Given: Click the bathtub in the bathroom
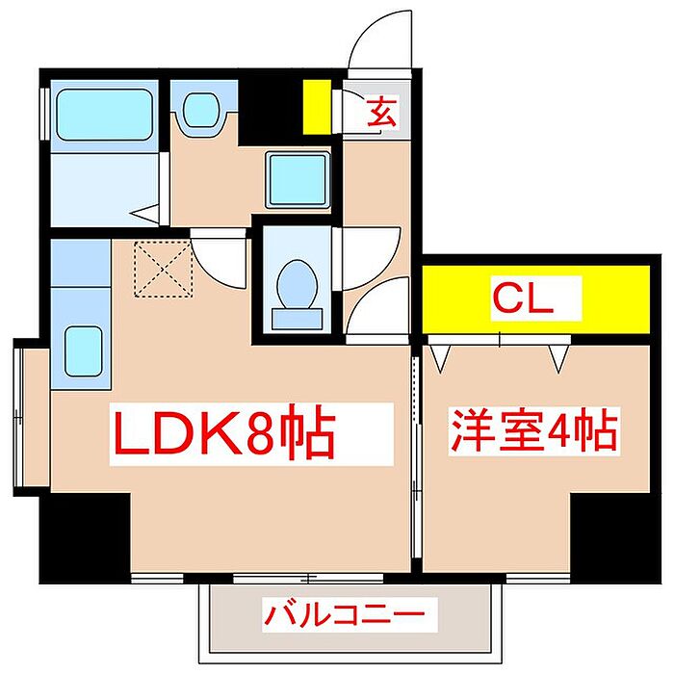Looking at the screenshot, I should click(104, 116).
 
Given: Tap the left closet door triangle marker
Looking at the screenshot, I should click(442, 357).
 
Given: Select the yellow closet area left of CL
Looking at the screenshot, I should click(453, 299).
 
